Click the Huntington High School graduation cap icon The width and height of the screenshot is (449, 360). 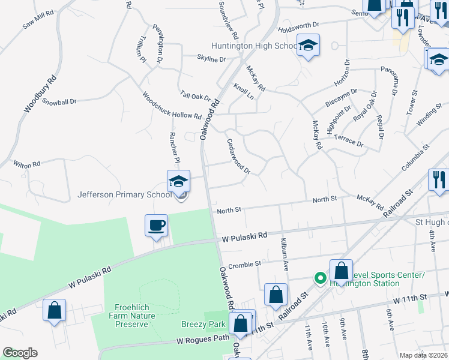pos(308,46)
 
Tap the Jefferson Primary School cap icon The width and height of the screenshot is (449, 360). pos(178,181)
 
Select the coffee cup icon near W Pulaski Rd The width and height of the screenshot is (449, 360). pos(156,226)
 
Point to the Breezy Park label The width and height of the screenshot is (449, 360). pos(203,324)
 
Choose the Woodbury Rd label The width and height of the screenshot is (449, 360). pos(40,94)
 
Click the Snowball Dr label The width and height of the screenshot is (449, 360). pos(59,102)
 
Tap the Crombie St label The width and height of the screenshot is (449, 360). pos(244,263)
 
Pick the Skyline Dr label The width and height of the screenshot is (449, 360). pos(211,59)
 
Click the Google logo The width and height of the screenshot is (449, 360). pos(20,353)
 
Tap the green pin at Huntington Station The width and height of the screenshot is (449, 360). pos(321,278)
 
